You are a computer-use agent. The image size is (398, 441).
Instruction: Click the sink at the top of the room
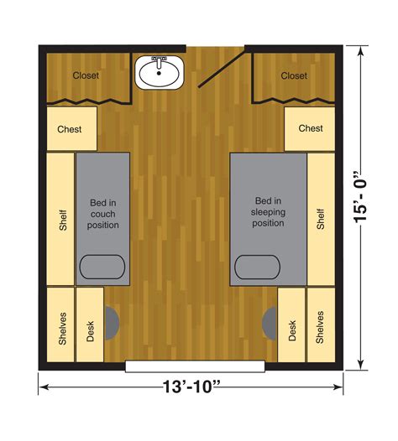click(x=158, y=73)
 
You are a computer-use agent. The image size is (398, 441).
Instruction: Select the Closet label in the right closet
click(x=294, y=75)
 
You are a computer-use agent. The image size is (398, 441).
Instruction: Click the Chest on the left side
click(x=71, y=129)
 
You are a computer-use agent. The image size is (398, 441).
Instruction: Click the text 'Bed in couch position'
click(x=103, y=214)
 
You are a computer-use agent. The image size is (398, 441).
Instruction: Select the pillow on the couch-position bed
click(x=102, y=267)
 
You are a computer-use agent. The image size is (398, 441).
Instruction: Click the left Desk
click(x=91, y=325)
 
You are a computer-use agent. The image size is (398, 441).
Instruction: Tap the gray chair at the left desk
click(x=112, y=324)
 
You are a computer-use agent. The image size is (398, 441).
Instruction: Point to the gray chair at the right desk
click(x=270, y=324)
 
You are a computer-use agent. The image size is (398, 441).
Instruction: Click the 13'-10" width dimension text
click(x=191, y=388)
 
